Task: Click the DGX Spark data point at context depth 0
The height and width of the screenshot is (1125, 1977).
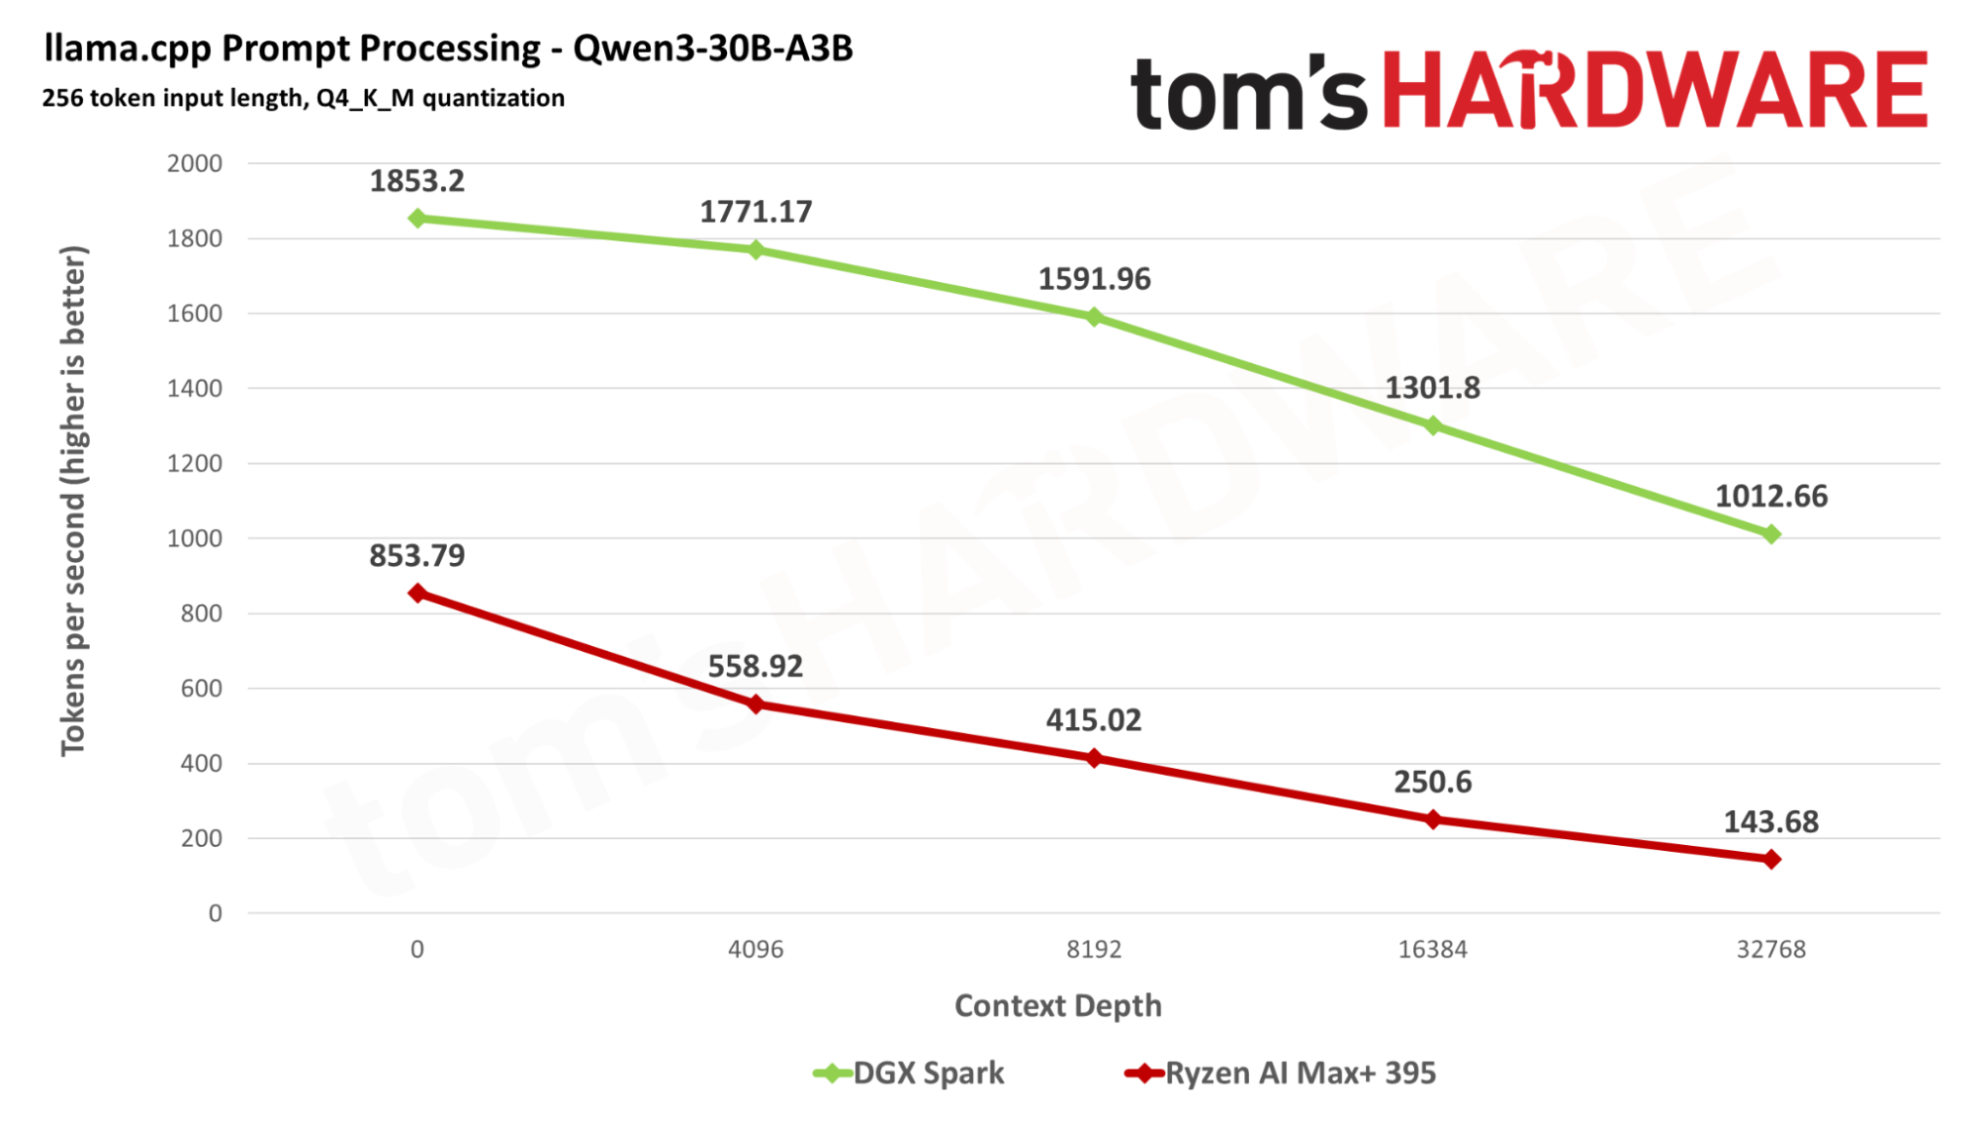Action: (x=417, y=218)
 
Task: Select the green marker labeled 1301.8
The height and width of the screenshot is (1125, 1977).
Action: (x=1432, y=425)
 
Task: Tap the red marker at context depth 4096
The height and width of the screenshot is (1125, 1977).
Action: (x=756, y=704)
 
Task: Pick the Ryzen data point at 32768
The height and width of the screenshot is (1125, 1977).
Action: (x=1771, y=859)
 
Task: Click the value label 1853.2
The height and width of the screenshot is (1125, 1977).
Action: (x=416, y=181)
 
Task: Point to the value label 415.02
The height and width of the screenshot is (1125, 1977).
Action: (x=1094, y=719)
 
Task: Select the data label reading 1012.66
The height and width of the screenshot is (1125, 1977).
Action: (x=1771, y=496)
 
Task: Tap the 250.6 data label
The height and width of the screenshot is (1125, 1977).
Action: (x=1432, y=782)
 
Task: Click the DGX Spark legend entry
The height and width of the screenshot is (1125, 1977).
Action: (x=910, y=1073)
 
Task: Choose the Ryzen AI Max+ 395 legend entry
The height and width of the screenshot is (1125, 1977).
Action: (x=1282, y=1073)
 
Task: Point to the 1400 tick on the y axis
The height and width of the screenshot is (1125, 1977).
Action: (x=195, y=388)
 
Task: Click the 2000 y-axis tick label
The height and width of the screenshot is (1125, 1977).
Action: (x=195, y=163)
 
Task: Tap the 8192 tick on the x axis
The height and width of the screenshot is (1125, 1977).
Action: (x=1094, y=949)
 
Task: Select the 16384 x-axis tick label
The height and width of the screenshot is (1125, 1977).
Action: (x=1432, y=949)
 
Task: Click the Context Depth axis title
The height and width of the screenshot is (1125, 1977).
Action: (x=1057, y=1005)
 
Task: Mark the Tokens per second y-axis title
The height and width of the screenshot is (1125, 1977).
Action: (x=73, y=501)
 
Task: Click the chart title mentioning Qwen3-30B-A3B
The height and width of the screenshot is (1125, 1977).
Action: (x=448, y=47)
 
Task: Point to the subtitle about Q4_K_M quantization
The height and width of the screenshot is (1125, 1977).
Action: (x=303, y=98)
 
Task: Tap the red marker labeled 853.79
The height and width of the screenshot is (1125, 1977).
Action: (x=417, y=593)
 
